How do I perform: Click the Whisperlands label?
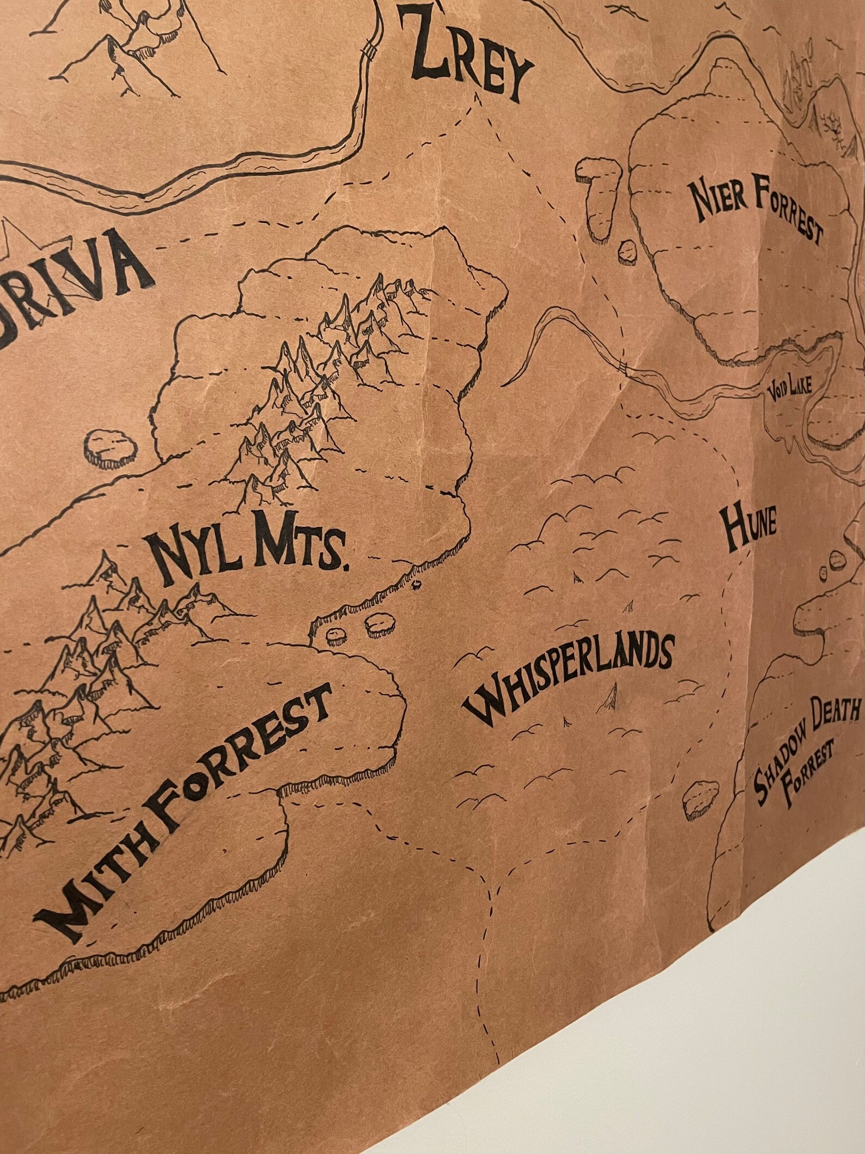pos(566,676)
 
